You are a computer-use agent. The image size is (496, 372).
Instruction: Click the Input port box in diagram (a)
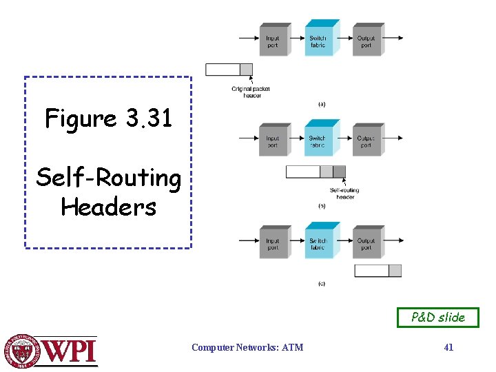(x=273, y=41)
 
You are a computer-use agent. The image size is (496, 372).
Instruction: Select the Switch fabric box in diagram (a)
(x=318, y=41)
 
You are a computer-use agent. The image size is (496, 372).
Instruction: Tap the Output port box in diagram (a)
(x=366, y=41)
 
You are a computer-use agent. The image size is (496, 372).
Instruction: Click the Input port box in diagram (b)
(x=273, y=141)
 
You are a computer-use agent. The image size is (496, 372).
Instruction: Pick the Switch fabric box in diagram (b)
(x=318, y=141)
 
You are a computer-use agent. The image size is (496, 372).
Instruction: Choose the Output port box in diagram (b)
(x=366, y=141)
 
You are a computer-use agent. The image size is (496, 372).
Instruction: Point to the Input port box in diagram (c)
(x=273, y=244)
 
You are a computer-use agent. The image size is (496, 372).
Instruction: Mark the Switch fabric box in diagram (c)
(x=318, y=244)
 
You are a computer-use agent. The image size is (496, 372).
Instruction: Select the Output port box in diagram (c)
(x=366, y=244)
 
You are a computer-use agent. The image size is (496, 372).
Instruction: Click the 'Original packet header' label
(x=251, y=92)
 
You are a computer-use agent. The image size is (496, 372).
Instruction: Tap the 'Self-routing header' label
(x=344, y=194)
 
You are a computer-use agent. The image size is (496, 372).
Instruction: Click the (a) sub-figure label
(x=322, y=104)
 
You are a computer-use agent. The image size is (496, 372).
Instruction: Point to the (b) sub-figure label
(x=322, y=205)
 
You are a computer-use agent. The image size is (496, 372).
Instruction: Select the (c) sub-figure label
(x=322, y=283)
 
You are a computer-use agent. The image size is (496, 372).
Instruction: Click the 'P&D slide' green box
(x=437, y=318)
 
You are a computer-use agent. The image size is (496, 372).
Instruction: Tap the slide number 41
(x=448, y=348)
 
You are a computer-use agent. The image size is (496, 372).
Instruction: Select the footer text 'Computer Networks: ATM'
(x=247, y=348)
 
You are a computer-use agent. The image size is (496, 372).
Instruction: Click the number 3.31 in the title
(x=149, y=118)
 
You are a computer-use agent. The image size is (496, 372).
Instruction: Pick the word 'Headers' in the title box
(x=109, y=207)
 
